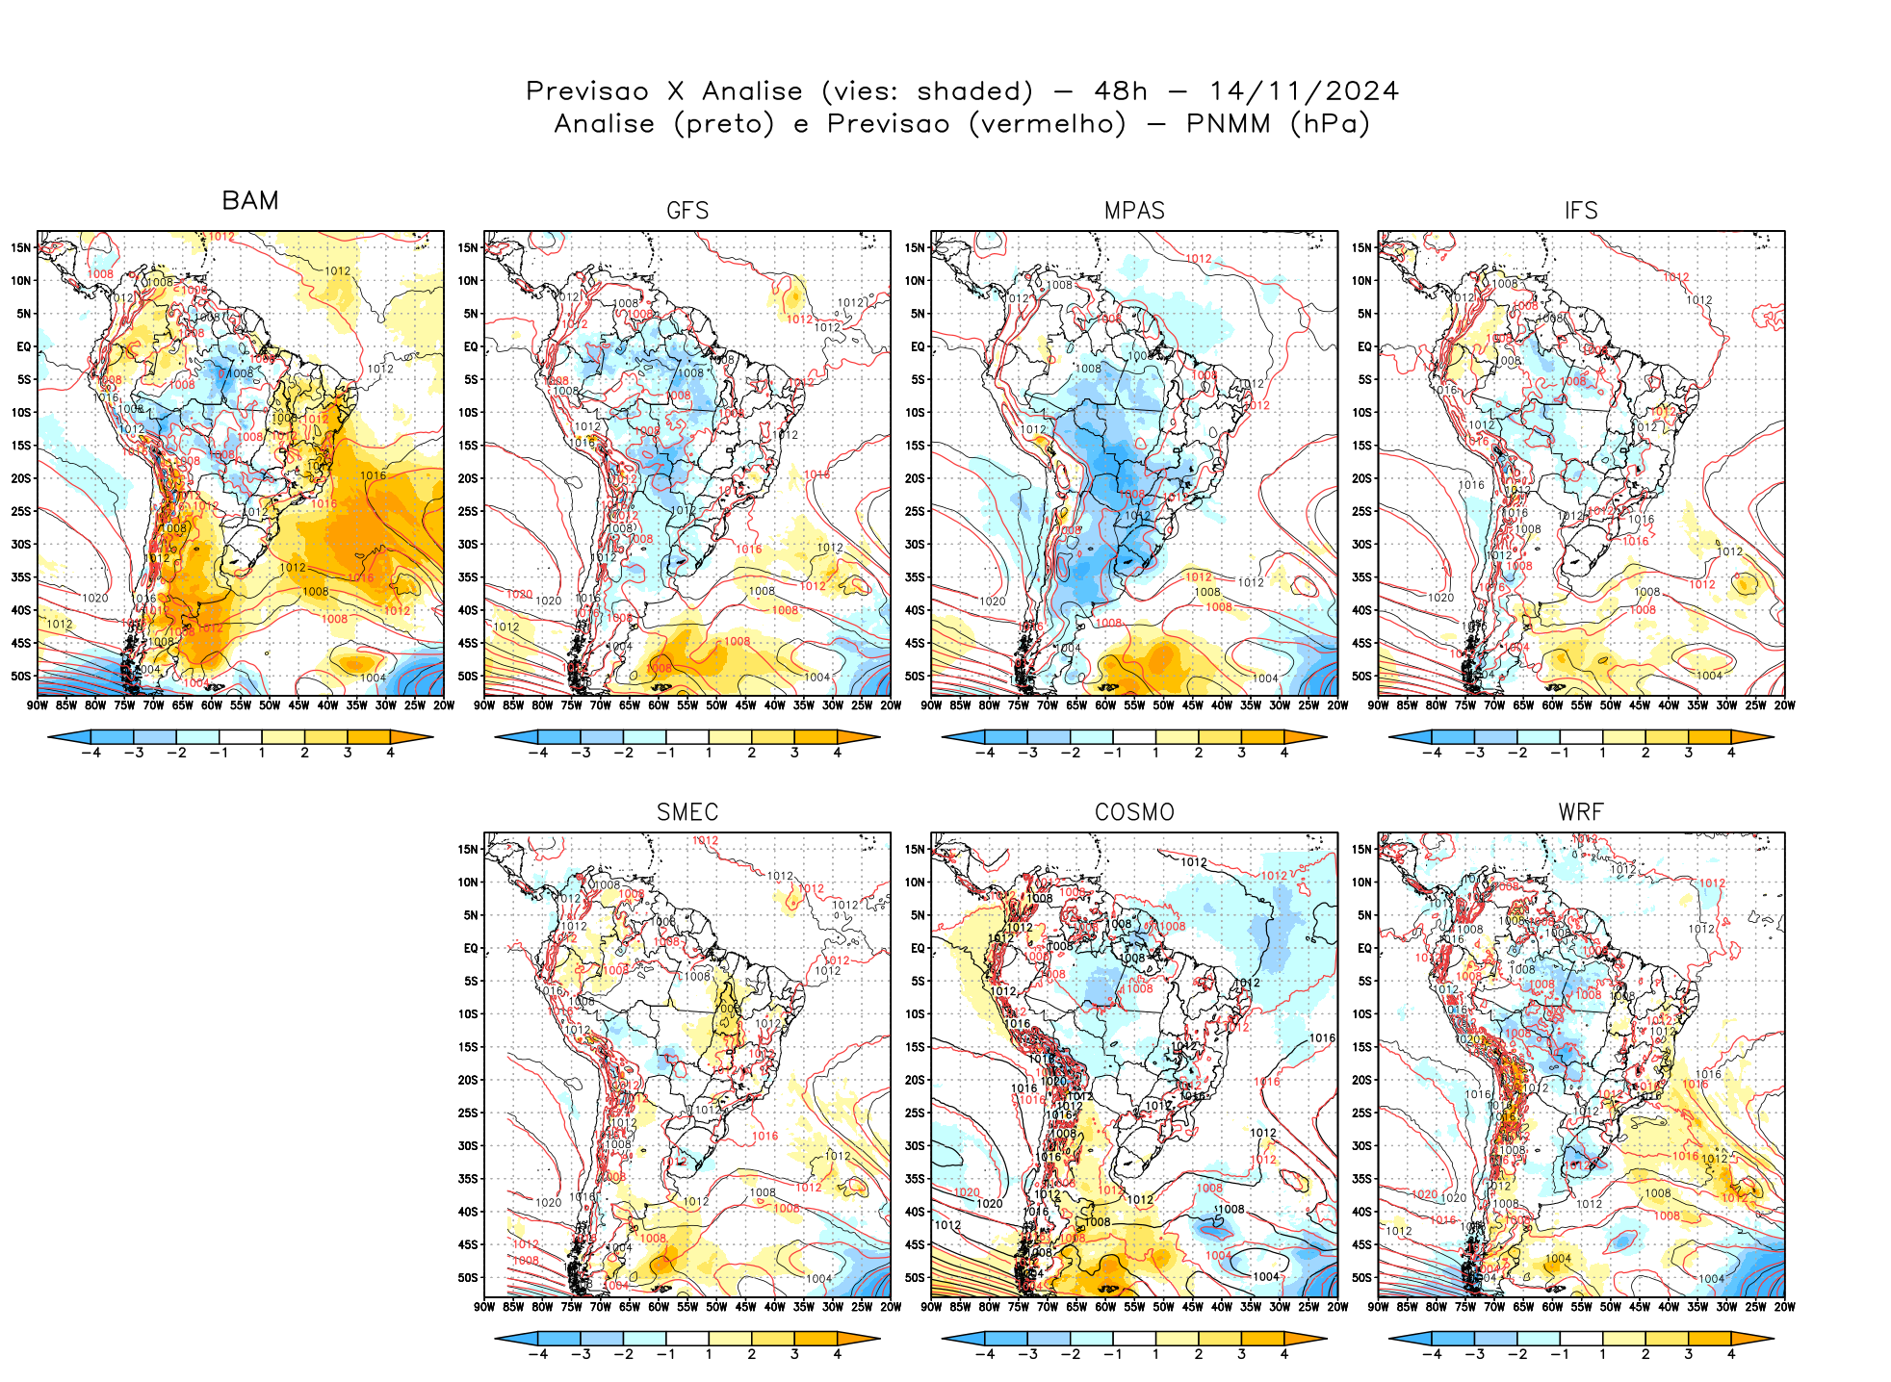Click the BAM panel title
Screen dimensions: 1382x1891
(x=250, y=201)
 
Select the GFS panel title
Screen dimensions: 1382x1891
(x=687, y=211)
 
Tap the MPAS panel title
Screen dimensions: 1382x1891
(x=1134, y=211)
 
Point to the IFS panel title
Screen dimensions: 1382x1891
(x=1581, y=211)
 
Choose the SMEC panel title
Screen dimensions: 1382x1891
(x=687, y=812)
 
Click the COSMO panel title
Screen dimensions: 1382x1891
(x=1134, y=812)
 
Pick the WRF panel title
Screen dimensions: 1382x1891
(x=1581, y=812)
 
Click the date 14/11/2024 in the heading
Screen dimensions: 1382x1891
(x=1304, y=91)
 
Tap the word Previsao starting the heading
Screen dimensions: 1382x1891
(x=587, y=91)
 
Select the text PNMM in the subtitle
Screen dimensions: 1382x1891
(x=1228, y=124)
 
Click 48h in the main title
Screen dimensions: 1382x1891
(x=1121, y=91)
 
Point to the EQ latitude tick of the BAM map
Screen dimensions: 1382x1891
(x=24, y=346)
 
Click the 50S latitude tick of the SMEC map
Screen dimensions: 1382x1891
(x=468, y=1278)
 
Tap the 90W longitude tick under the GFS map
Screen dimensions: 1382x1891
(x=484, y=705)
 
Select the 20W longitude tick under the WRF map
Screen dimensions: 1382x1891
(x=1784, y=1307)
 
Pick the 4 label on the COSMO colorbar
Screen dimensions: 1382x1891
(x=1284, y=1354)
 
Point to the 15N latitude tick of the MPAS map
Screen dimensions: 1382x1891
(x=915, y=247)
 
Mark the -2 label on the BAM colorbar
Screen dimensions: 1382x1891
(x=176, y=753)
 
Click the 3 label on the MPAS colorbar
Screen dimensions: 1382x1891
(x=1241, y=753)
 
